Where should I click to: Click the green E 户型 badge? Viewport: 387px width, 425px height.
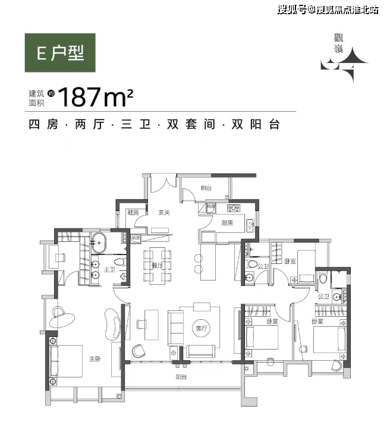click(59, 53)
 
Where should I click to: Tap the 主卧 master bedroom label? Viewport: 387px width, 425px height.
click(95, 358)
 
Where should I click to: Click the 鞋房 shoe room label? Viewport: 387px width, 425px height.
click(133, 212)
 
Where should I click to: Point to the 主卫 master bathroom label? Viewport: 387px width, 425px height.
click(109, 269)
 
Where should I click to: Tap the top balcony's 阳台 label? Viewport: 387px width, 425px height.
click(206, 188)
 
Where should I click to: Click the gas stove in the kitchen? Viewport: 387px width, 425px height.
click(232, 208)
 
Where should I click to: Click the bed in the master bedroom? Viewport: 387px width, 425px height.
click(67, 360)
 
